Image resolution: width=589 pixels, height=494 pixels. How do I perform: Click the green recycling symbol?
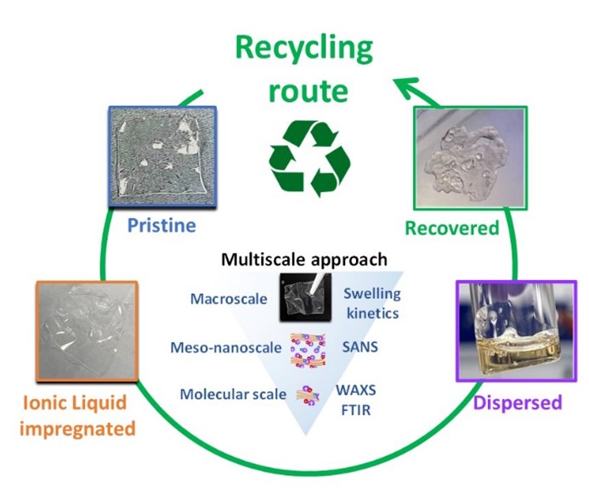tap(309, 158)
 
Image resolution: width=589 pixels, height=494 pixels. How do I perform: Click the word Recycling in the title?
tap(304, 48)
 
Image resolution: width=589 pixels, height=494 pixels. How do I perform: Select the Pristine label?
tap(161, 226)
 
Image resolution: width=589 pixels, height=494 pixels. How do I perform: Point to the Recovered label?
tap(451, 228)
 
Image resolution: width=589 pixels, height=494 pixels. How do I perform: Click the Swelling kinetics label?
tap(371, 303)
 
